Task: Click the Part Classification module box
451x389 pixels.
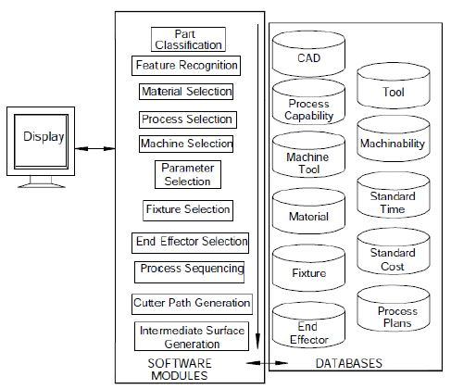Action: pos(187,39)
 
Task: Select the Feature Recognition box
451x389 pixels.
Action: pos(186,66)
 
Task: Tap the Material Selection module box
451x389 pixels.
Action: pos(186,93)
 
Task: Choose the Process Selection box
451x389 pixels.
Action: pos(187,119)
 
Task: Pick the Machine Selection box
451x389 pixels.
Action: pos(186,144)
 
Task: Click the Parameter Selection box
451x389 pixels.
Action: pos(187,174)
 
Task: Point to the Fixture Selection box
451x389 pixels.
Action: pos(187,209)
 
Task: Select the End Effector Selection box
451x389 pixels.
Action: pos(191,242)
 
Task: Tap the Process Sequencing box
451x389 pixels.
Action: pos(190,270)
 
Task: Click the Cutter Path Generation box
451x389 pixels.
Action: pos(192,303)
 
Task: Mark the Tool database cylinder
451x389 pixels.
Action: pos(392,92)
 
